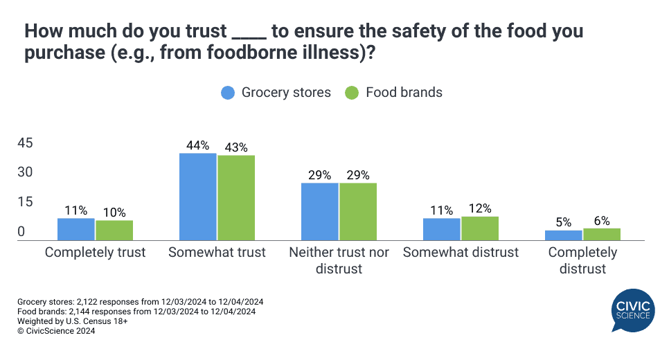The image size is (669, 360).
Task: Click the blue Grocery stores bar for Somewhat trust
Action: [x=197, y=197]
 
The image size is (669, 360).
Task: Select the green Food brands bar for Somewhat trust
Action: [x=236, y=198]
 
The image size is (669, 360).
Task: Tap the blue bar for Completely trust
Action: [x=76, y=229]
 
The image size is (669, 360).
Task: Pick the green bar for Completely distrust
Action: [x=602, y=234]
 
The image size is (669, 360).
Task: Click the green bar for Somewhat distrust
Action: [x=480, y=228]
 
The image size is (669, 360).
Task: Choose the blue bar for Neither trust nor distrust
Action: [x=319, y=211]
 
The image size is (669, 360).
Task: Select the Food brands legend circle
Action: [x=352, y=93]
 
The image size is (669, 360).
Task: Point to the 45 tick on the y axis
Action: [x=26, y=143]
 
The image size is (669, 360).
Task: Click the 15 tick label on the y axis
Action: [x=26, y=202]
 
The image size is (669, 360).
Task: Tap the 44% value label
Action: [x=197, y=146]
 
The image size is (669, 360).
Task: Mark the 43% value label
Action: [x=236, y=148]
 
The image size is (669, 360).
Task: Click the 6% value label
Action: [x=602, y=221]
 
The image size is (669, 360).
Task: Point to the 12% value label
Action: [x=480, y=208]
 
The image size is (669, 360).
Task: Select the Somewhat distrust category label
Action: [x=461, y=253]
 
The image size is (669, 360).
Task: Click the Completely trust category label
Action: [x=96, y=253]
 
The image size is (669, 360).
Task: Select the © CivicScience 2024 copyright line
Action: [x=56, y=331]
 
